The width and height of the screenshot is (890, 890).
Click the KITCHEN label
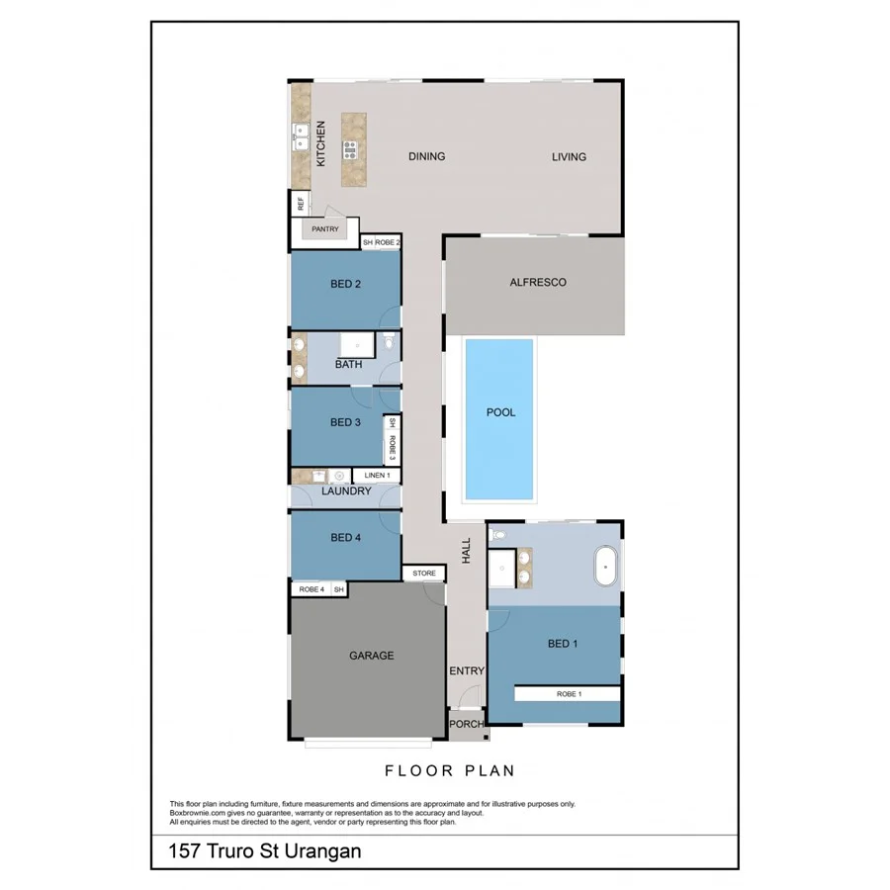(320, 144)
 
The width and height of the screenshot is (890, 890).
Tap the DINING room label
(426, 156)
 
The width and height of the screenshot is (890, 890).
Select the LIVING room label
(569, 156)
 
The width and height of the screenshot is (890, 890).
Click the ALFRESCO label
(537, 282)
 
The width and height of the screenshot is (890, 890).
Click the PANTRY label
(325, 229)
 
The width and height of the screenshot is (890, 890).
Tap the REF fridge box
(300, 205)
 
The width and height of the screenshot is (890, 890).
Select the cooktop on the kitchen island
(350, 150)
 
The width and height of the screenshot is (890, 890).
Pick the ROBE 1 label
(569, 694)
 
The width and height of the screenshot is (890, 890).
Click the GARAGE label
(371, 655)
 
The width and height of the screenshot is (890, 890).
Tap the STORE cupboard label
(423, 574)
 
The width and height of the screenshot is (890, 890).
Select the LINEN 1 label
(377, 476)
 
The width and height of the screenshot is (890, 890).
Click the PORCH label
(466, 724)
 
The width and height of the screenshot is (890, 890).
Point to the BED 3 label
(345, 422)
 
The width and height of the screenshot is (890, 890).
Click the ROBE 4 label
(311, 590)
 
